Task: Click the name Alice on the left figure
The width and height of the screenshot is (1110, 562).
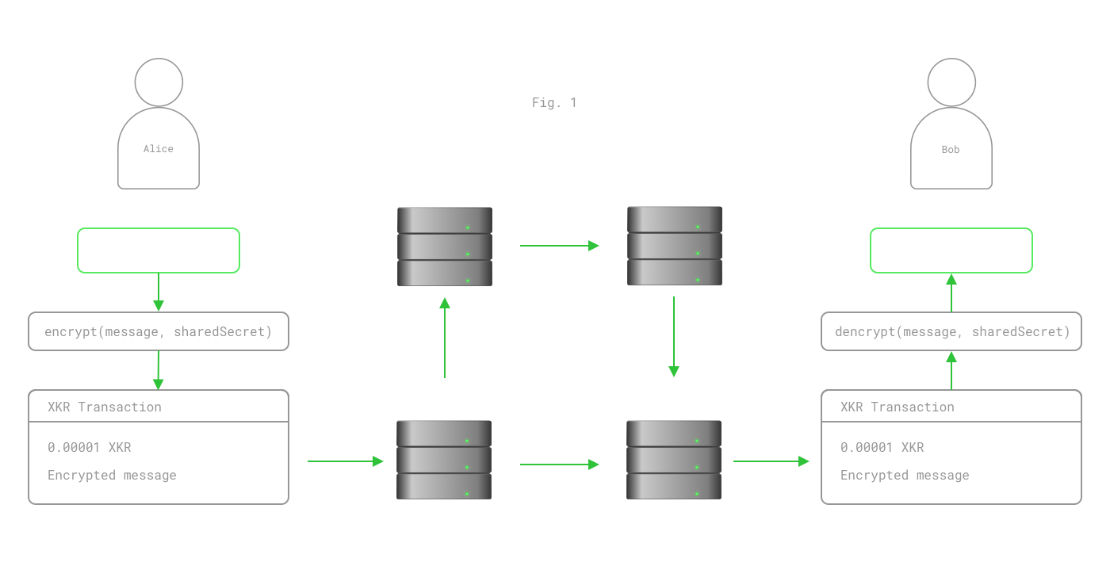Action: [x=158, y=149]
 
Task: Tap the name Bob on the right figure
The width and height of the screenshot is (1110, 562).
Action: [x=951, y=149]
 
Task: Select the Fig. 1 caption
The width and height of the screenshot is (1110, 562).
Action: [x=554, y=102]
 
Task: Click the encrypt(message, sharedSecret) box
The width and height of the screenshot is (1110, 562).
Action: [x=158, y=331]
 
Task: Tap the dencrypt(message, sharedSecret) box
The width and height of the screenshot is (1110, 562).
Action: [x=951, y=331]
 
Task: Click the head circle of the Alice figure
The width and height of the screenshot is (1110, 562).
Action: [x=159, y=82]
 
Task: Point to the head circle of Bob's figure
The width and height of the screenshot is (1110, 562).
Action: [x=951, y=82]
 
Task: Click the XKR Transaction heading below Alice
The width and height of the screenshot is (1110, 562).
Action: [x=104, y=407]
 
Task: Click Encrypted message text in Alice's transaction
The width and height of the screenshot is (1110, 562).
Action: [x=112, y=475]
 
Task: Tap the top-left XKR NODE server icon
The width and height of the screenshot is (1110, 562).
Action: [x=444, y=247]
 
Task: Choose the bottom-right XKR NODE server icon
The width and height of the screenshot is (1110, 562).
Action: [x=673, y=460]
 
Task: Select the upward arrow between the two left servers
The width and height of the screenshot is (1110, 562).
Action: [x=445, y=337]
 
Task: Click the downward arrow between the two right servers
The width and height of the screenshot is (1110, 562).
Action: [x=674, y=337]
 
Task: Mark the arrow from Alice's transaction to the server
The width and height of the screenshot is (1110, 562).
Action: [x=346, y=461]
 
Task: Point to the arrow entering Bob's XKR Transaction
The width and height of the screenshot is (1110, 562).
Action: [x=771, y=461]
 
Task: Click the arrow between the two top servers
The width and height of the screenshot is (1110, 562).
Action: [x=559, y=246]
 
